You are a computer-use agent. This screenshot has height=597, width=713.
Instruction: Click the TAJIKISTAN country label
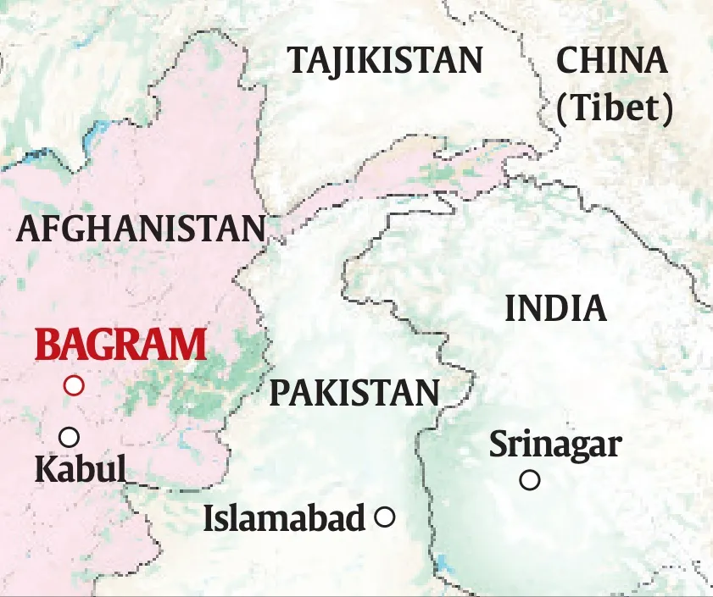[x=385, y=61]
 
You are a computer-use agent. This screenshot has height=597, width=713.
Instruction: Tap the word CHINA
[x=610, y=61]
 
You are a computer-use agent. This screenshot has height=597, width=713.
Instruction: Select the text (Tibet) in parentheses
[x=616, y=108]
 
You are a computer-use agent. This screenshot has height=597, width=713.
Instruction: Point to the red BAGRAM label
[x=121, y=346]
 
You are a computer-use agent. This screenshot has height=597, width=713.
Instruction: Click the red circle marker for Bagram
[x=75, y=385]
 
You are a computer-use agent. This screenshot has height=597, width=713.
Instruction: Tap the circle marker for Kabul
[x=70, y=437]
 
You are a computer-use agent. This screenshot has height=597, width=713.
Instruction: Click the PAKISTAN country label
[x=354, y=394]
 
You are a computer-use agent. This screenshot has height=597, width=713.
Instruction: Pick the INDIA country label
[x=556, y=309]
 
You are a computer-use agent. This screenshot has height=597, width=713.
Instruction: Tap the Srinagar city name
[x=555, y=445]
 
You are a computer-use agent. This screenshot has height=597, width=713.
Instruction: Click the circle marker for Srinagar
[x=530, y=480]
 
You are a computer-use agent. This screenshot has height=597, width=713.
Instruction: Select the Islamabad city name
[x=284, y=518]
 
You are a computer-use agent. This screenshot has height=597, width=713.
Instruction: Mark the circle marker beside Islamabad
[x=385, y=517]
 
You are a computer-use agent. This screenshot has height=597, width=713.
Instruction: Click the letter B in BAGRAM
[x=47, y=346]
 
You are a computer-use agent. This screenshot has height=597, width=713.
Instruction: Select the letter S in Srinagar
[x=499, y=445]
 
